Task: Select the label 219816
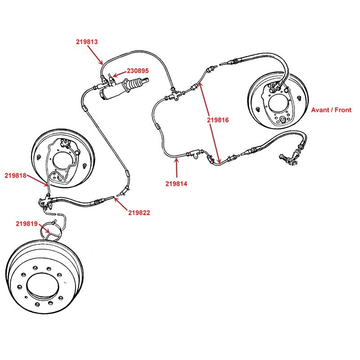pyautogui.click(x=218, y=120)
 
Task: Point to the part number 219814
pyautogui.click(x=177, y=183)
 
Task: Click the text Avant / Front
pyautogui.click(x=331, y=110)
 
